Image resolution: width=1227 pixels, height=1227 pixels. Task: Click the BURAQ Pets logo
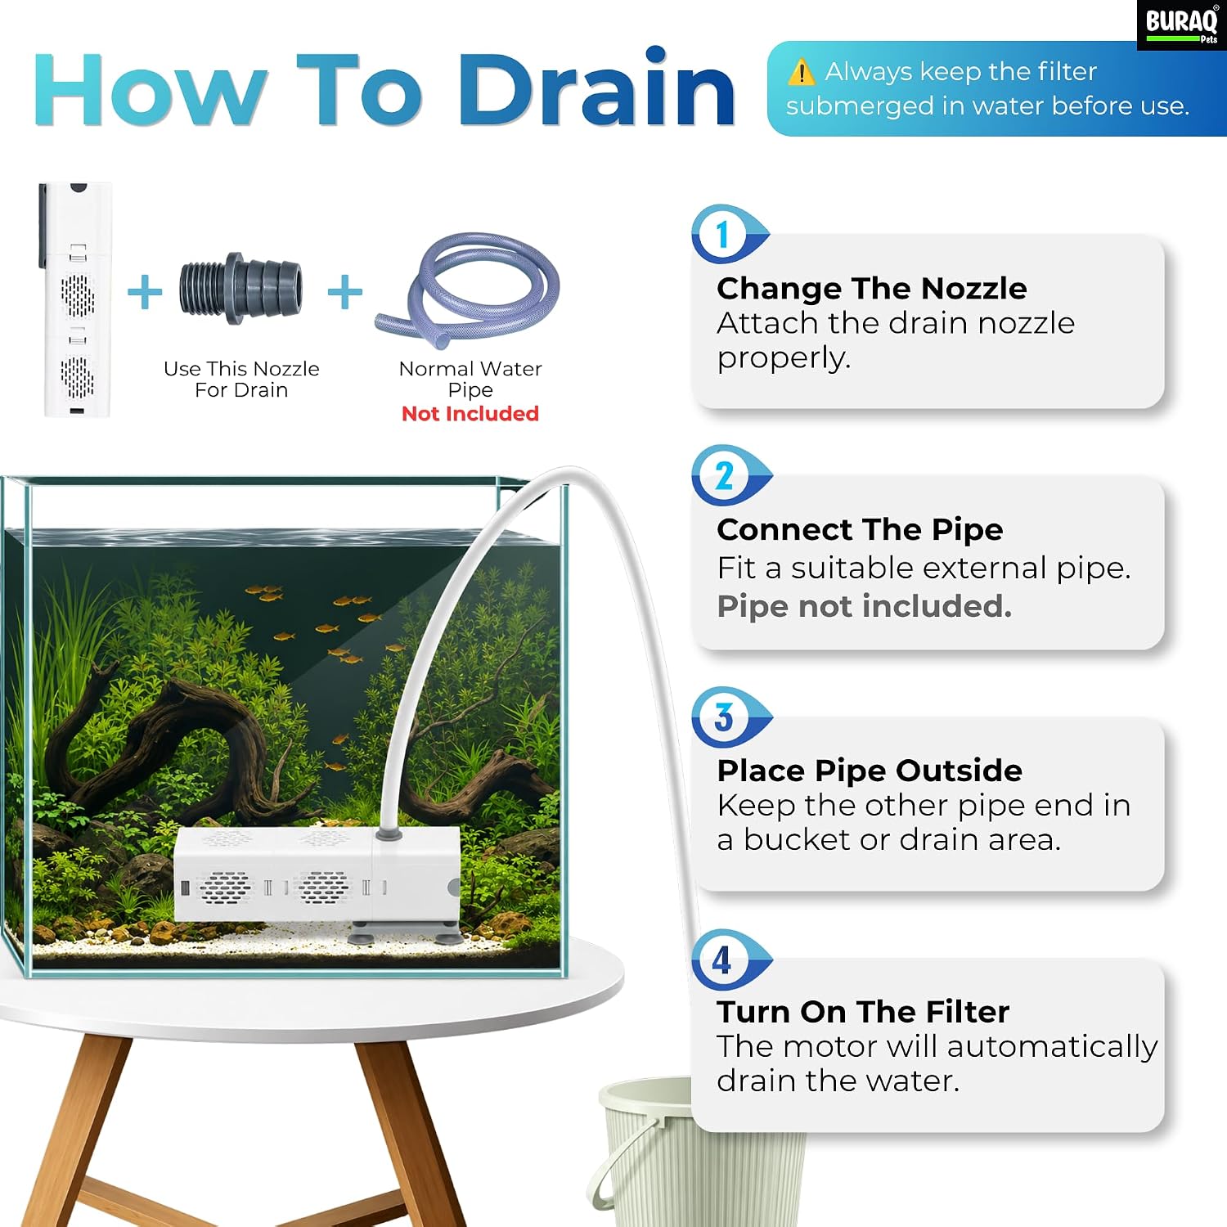coord(1181,25)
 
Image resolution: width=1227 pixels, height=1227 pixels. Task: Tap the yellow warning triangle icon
coord(801,72)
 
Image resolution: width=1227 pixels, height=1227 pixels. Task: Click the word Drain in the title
coord(597,88)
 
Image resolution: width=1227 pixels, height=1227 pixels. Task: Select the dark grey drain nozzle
coord(240,289)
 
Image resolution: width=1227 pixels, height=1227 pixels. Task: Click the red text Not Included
coord(470,414)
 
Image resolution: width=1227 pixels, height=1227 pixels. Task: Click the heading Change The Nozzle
coord(872,289)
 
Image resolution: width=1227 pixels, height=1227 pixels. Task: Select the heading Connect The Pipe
coord(860,530)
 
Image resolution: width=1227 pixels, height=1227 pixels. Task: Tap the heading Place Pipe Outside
coord(870,771)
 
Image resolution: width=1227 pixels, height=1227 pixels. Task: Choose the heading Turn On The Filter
coord(863,1012)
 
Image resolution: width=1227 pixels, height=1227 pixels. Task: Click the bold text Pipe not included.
coord(865,606)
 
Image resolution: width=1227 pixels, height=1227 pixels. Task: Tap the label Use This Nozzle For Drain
coord(241,380)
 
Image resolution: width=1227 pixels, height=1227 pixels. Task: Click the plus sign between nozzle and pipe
coord(345,292)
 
